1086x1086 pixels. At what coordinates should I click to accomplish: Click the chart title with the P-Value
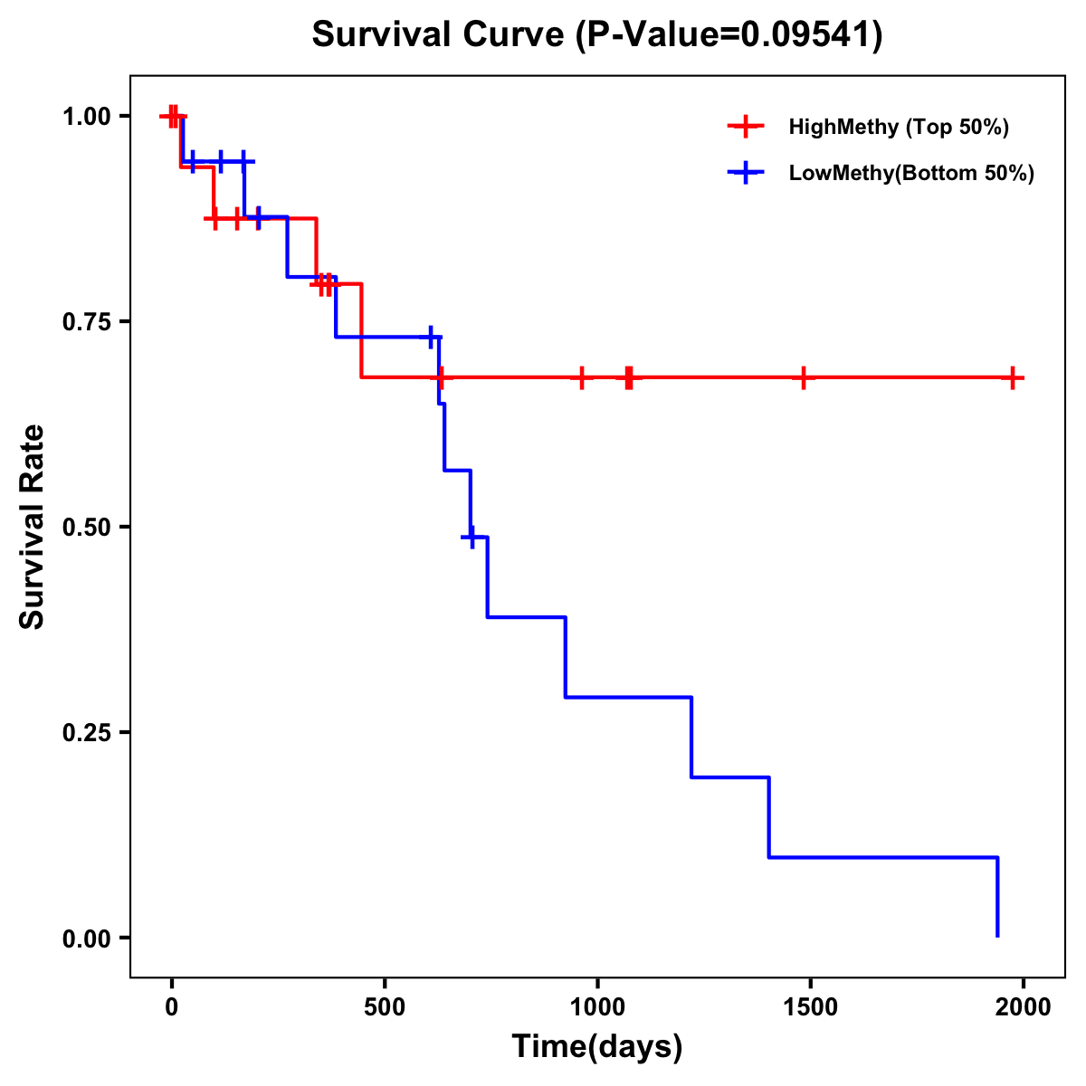pyautogui.click(x=596, y=35)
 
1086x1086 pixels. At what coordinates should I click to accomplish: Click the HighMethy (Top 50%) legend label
pyautogui.click(x=899, y=127)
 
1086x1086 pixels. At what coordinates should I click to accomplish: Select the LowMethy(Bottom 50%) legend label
pyautogui.click(x=911, y=173)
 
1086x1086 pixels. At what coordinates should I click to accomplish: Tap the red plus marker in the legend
pyautogui.click(x=746, y=127)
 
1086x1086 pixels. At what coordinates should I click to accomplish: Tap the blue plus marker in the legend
pyautogui.click(x=746, y=173)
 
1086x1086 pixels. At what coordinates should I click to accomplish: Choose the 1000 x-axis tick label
pyautogui.click(x=597, y=1007)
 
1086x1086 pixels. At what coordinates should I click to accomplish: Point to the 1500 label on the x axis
pyautogui.click(x=810, y=1007)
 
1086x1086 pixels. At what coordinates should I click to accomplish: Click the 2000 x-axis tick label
pyautogui.click(x=1024, y=1007)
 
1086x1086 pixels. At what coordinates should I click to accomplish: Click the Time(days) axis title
pyautogui.click(x=597, y=1046)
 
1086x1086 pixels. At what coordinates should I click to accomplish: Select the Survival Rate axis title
pyautogui.click(x=33, y=527)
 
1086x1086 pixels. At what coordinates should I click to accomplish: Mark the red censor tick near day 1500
pyautogui.click(x=803, y=377)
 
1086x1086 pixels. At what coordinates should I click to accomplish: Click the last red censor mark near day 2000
pyautogui.click(x=1013, y=377)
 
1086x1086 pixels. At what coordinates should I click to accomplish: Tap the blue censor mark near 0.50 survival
pyautogui.click(x=471, y=537)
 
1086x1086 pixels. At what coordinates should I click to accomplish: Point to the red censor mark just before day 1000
pyautogui.click(x=582, y=377)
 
